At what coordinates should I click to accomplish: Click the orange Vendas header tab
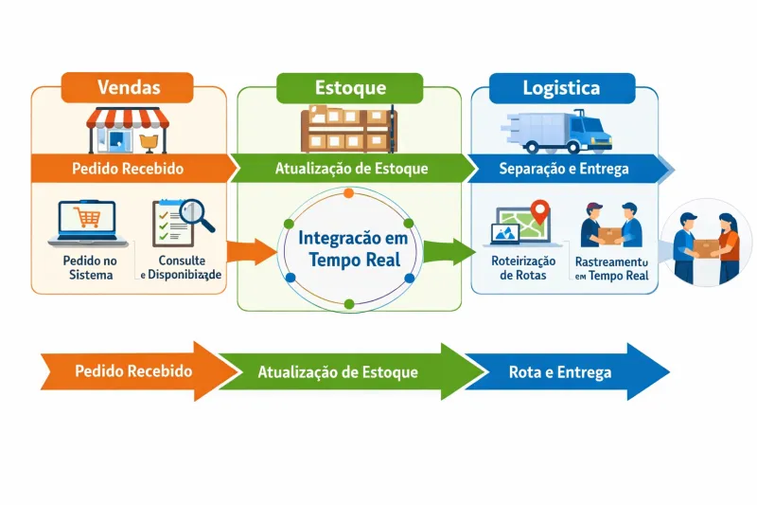(x=129, y=87)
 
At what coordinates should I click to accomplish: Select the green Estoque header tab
(x=349, y=87)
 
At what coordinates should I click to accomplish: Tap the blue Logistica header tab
(x=561, y=87)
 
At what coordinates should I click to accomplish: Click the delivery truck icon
(x=566, y=130)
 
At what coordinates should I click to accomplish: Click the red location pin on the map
(x=540, y=209)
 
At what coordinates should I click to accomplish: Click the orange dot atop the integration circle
(x=348, y=193)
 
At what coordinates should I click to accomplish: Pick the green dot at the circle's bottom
(x=348, y=303)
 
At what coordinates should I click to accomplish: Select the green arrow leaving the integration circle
(x=447, y=252)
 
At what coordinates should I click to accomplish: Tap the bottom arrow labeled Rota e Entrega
(x=566, y=371)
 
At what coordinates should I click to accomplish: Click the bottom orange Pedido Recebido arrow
(x=132, y=371)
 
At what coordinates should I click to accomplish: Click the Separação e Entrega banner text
(x=563, y=169)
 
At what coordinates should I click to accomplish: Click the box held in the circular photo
(x=707, y=245)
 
